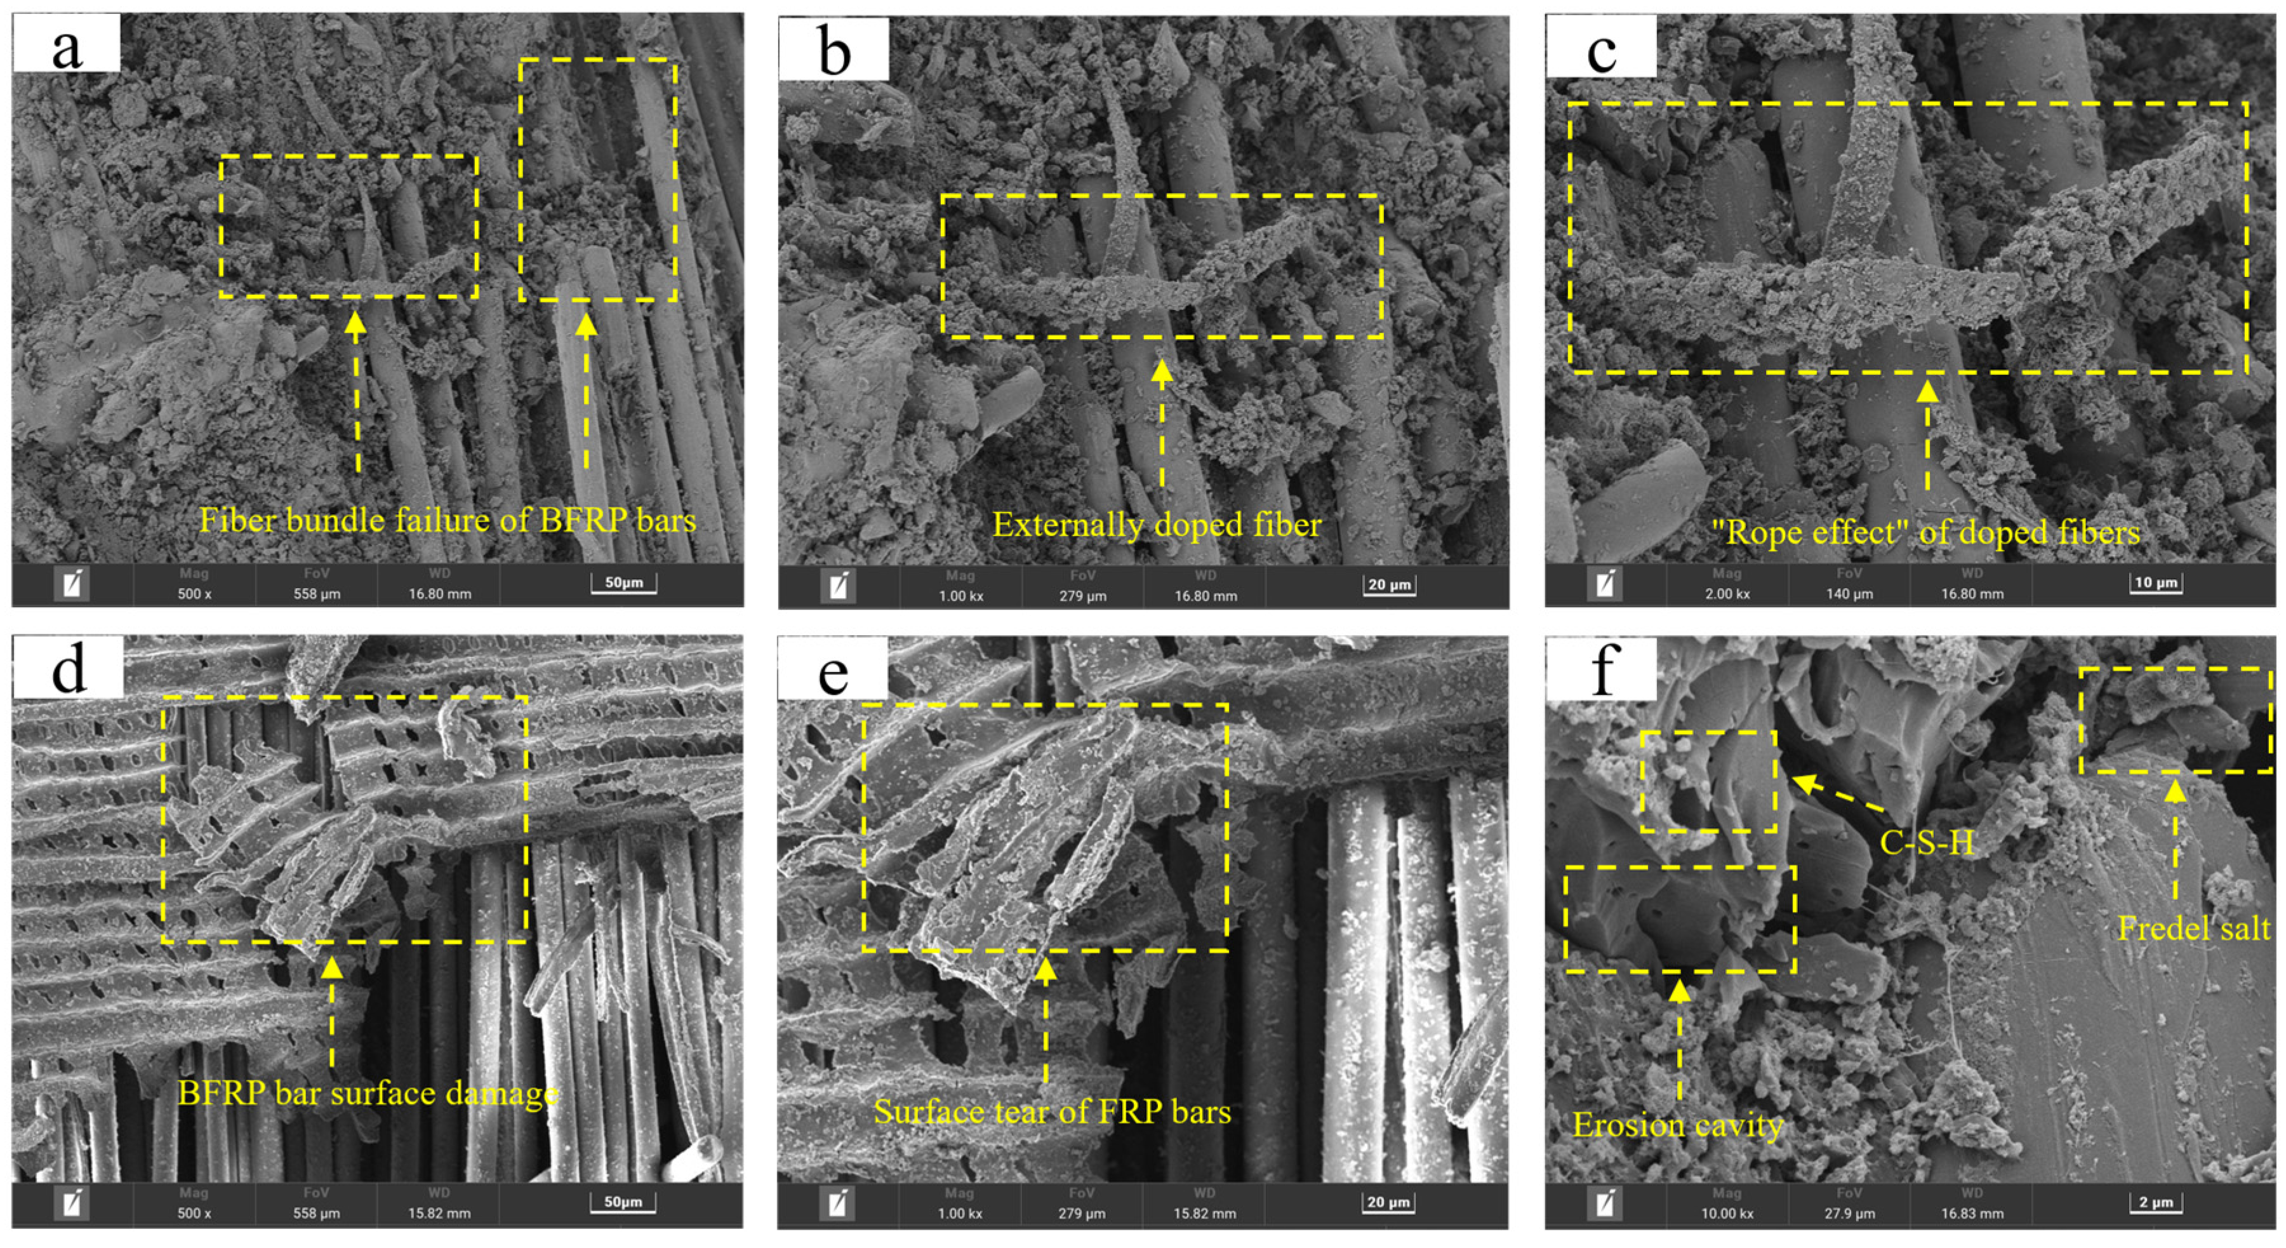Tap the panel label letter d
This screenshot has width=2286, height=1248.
coord(69,668)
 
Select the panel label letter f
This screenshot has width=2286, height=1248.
coord(1601,668)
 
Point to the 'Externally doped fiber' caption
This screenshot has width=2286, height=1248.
coord(1156,525)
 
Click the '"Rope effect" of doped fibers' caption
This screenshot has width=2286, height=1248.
coord(1925,533)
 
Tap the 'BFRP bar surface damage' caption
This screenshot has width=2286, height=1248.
coord(368,1092)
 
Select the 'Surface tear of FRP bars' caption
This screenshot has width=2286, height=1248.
coord(1052,1111)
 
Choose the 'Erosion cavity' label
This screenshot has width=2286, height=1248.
coord(1677,1125)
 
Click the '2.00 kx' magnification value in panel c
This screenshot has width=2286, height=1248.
coord(1726,594)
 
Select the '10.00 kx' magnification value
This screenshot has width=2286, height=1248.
coord(1726,1213)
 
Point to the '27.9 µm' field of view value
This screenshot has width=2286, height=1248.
coord(1849,1213)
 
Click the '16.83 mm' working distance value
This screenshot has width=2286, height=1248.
coord(1972,1213)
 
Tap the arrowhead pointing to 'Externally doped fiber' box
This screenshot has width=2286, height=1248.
coord(1162,370)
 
